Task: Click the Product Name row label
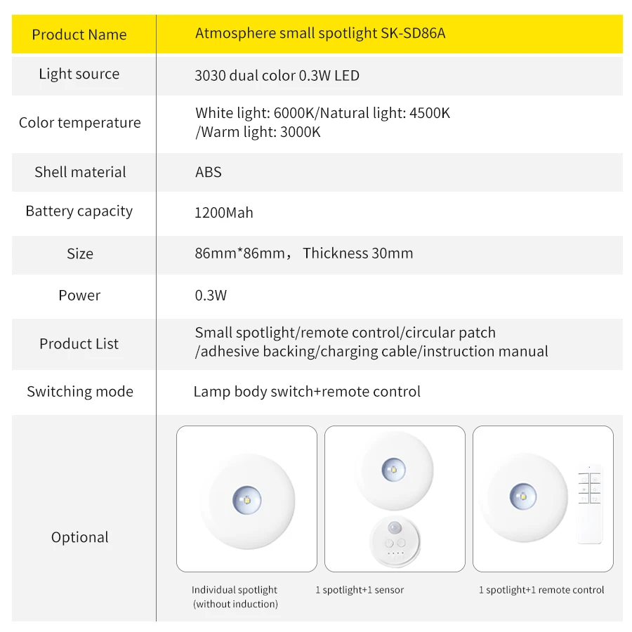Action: point(79,34)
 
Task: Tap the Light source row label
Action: point(79,74)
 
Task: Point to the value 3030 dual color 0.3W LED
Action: point(277,75)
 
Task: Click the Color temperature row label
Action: point(79,123)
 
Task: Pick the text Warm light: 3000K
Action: point(258,132)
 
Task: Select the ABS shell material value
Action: point(209,172)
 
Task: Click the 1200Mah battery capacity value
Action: point(224,212)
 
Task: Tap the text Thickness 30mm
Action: point(357,254)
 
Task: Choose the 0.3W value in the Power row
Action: point(211,296)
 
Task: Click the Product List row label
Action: point(79,343)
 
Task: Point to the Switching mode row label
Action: point(79,392)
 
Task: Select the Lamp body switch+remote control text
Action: point(307,392)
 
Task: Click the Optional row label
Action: point(79,537)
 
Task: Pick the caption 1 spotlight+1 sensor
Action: point(360,590)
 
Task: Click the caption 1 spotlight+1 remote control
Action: point(541,590)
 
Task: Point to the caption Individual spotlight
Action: point(235,590)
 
